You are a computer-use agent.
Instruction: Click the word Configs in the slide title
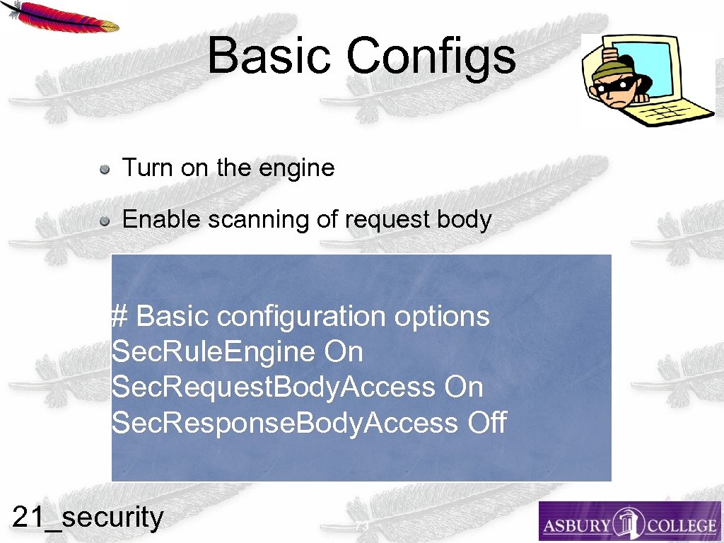[431, 57]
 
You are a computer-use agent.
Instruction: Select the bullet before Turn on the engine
[104, 169]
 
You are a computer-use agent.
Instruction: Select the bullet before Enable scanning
[104, 221]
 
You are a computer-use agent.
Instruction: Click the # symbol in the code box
[119, 316]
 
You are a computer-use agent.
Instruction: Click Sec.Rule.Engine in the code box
[213, 351]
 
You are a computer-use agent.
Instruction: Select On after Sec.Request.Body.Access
[464, 387]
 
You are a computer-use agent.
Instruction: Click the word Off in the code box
[487, 423]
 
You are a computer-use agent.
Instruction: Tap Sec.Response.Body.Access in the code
[284, 423]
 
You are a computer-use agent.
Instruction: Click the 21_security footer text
[88, 518]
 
